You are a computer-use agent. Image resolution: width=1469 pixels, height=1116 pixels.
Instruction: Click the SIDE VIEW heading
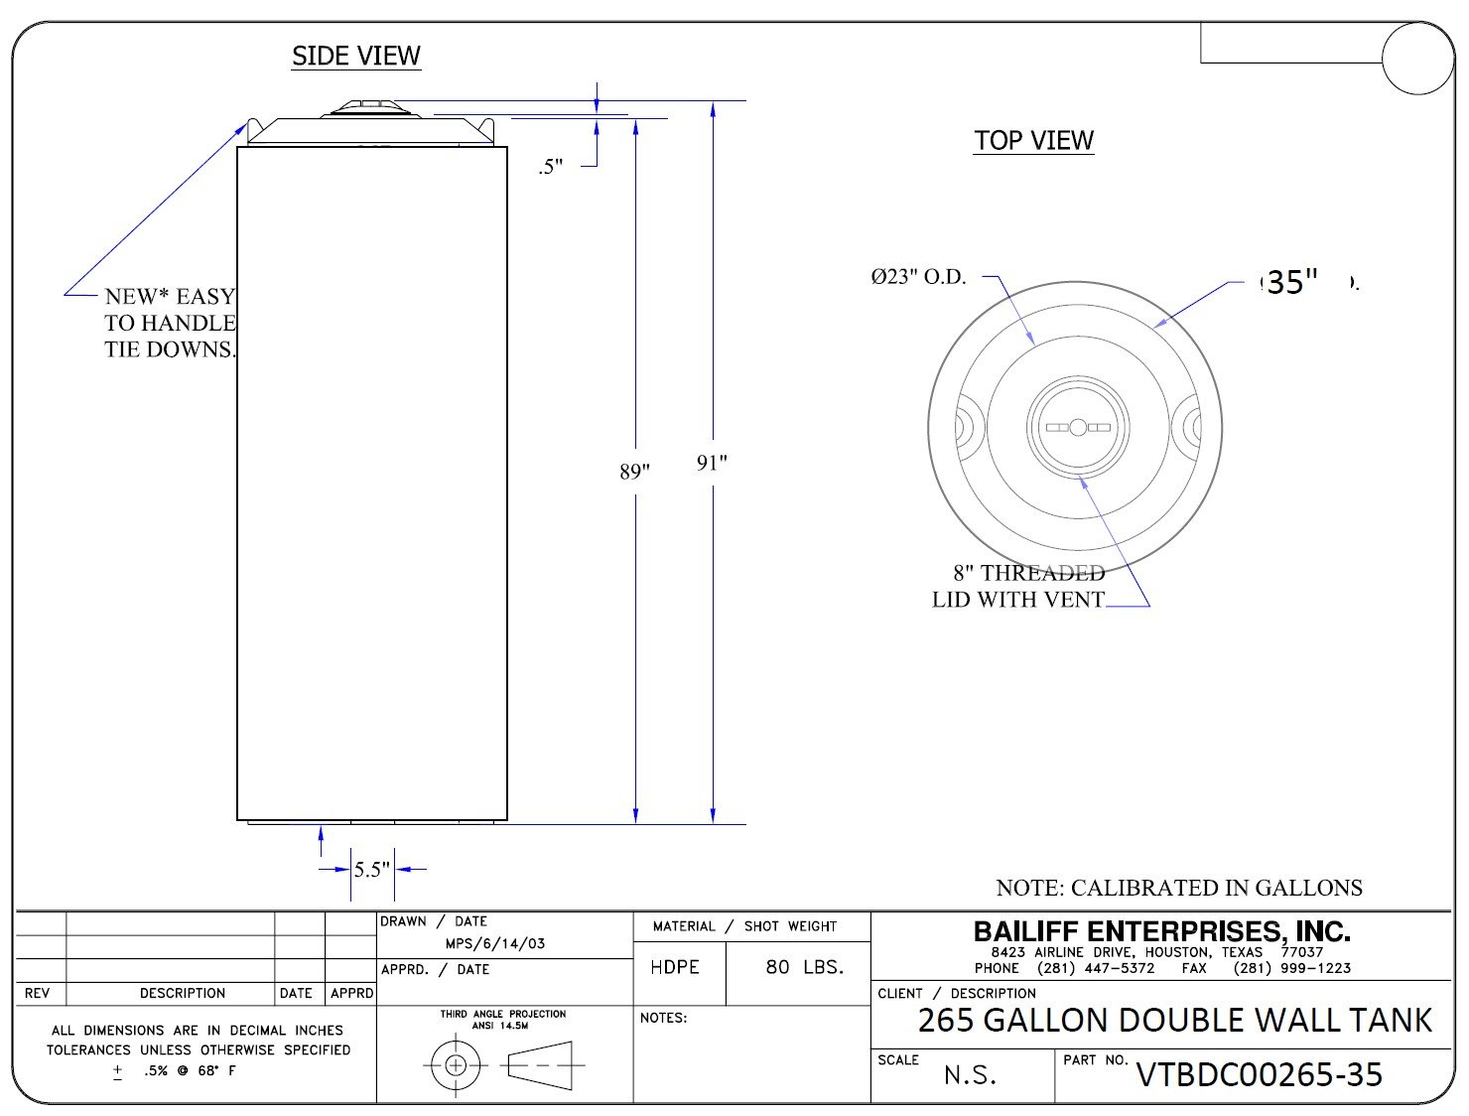coord(356,56)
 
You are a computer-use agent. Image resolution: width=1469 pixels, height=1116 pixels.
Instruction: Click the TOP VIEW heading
coord(1033,141)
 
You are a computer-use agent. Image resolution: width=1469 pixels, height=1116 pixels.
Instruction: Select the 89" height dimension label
coord(634,472)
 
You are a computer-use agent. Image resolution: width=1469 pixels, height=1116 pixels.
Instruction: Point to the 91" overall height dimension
coord(712,463)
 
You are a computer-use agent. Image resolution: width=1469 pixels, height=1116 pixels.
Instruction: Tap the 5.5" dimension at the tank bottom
coord(371,869)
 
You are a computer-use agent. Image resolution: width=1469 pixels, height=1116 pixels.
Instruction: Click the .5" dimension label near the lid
coord(551,166)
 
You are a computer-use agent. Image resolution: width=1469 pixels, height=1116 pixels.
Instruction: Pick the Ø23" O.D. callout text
coord(918,276)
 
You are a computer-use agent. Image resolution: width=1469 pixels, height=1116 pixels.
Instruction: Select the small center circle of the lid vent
coord(1078,427)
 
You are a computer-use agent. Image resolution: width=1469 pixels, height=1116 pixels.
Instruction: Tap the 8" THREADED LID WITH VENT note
coord(1018,586)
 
